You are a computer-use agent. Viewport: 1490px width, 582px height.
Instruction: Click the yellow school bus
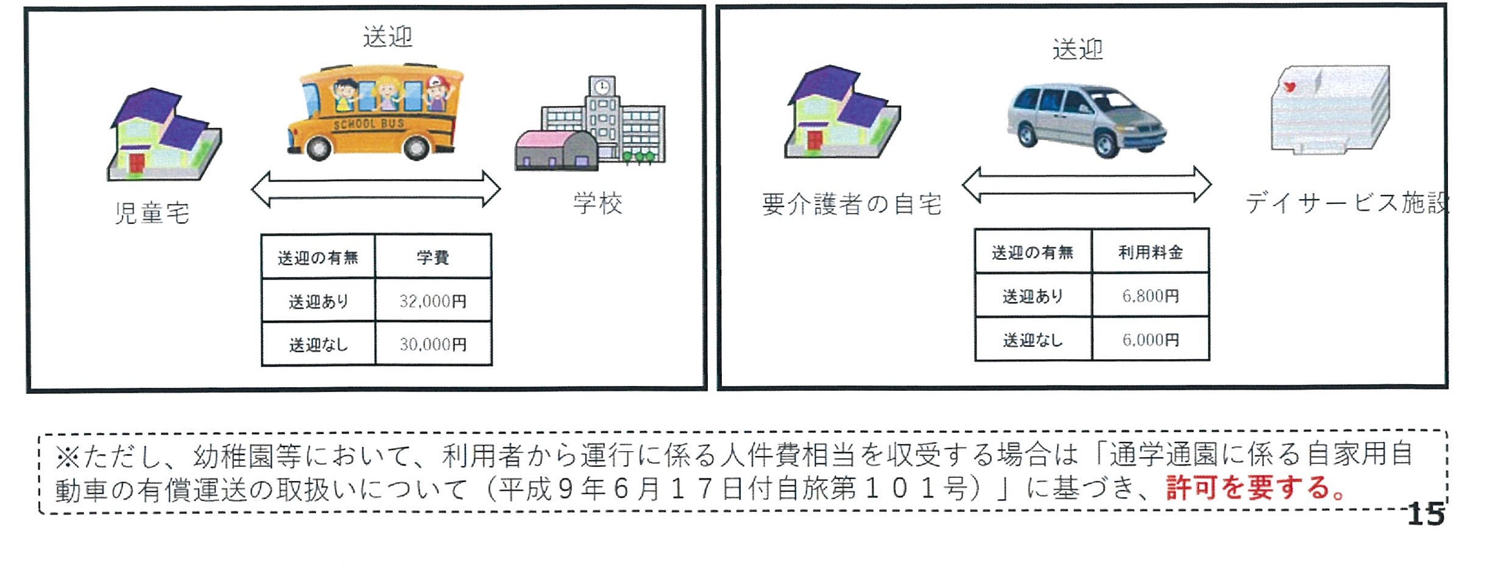click(374, 113)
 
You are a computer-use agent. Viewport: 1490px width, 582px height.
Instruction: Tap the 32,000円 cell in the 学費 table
click(433, 301)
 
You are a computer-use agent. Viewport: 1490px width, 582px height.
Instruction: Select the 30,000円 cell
click(433, 345)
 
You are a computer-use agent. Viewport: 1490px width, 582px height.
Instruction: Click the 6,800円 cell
click(1150, 296)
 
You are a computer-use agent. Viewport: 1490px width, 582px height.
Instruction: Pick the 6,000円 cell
click(1150, 340)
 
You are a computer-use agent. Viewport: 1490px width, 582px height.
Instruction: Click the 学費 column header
click(433, 257)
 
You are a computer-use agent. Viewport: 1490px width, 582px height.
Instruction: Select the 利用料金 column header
click(1150, 252)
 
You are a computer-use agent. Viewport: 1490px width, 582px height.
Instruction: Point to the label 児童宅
click(152, 214)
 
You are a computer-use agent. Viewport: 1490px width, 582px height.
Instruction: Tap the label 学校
click(598, 203)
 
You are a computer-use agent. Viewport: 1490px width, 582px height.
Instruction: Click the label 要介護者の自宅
click(852, 205)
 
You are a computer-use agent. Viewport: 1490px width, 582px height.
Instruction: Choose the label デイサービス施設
click(1346, 203)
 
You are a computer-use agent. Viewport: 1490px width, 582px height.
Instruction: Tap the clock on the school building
click(602, 86)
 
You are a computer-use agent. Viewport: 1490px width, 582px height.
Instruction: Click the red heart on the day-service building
click(1289, 87)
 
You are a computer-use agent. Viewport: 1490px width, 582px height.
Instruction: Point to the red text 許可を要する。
click(1255, 488)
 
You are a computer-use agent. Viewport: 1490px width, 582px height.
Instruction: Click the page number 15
click(1425, 514)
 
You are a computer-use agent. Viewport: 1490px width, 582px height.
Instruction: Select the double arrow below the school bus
click(375, 189)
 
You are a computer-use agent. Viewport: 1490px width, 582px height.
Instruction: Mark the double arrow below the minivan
click(1086, 184)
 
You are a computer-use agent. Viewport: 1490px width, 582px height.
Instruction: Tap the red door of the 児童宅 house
click(136, 163)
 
